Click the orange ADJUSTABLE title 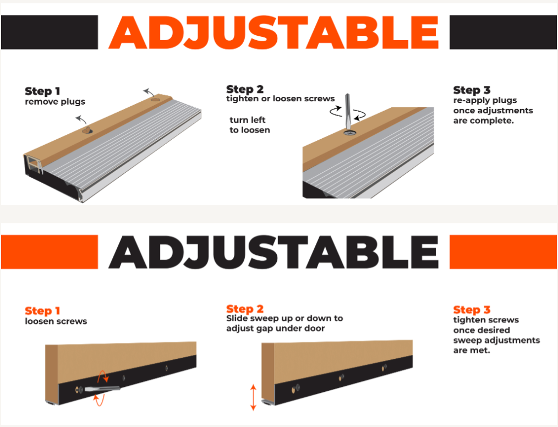point(273,32)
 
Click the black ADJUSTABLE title point(273,252)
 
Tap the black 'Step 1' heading point(42,91)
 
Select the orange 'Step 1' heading point(42,311)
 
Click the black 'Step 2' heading point(245,89)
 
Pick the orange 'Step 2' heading point(245,309)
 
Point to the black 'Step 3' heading point(472,90)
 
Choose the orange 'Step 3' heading point(472,310)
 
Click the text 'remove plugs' point(55,102)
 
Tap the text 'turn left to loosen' point(249,125)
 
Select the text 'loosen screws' point(56,321)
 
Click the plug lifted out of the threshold point(87,130)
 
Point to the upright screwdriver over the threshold point(348,112)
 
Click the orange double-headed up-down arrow point(253,397)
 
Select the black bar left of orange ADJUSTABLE point(50,32)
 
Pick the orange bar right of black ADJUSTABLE point(503,252)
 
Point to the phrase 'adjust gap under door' point(276,329)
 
